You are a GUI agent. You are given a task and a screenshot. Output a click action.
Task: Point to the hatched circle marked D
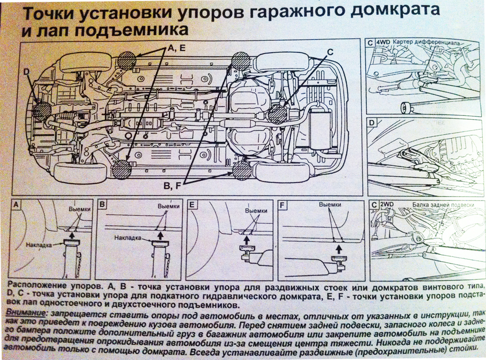42,111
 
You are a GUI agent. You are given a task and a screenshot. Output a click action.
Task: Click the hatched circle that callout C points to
277,114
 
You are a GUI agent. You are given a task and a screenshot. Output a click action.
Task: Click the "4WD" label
383,42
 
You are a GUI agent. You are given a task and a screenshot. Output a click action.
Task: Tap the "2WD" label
383,205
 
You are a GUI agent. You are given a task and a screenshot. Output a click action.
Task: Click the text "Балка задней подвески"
443,205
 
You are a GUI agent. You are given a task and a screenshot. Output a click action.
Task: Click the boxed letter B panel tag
103,205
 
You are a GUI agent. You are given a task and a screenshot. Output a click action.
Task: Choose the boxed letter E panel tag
192,205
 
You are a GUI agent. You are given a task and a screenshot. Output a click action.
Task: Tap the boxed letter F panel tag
283,205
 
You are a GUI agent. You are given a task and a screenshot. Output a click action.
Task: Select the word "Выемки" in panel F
330,205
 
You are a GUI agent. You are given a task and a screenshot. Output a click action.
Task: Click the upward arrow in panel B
160,235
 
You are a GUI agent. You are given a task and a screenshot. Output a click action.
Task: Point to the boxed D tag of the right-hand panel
373,123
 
